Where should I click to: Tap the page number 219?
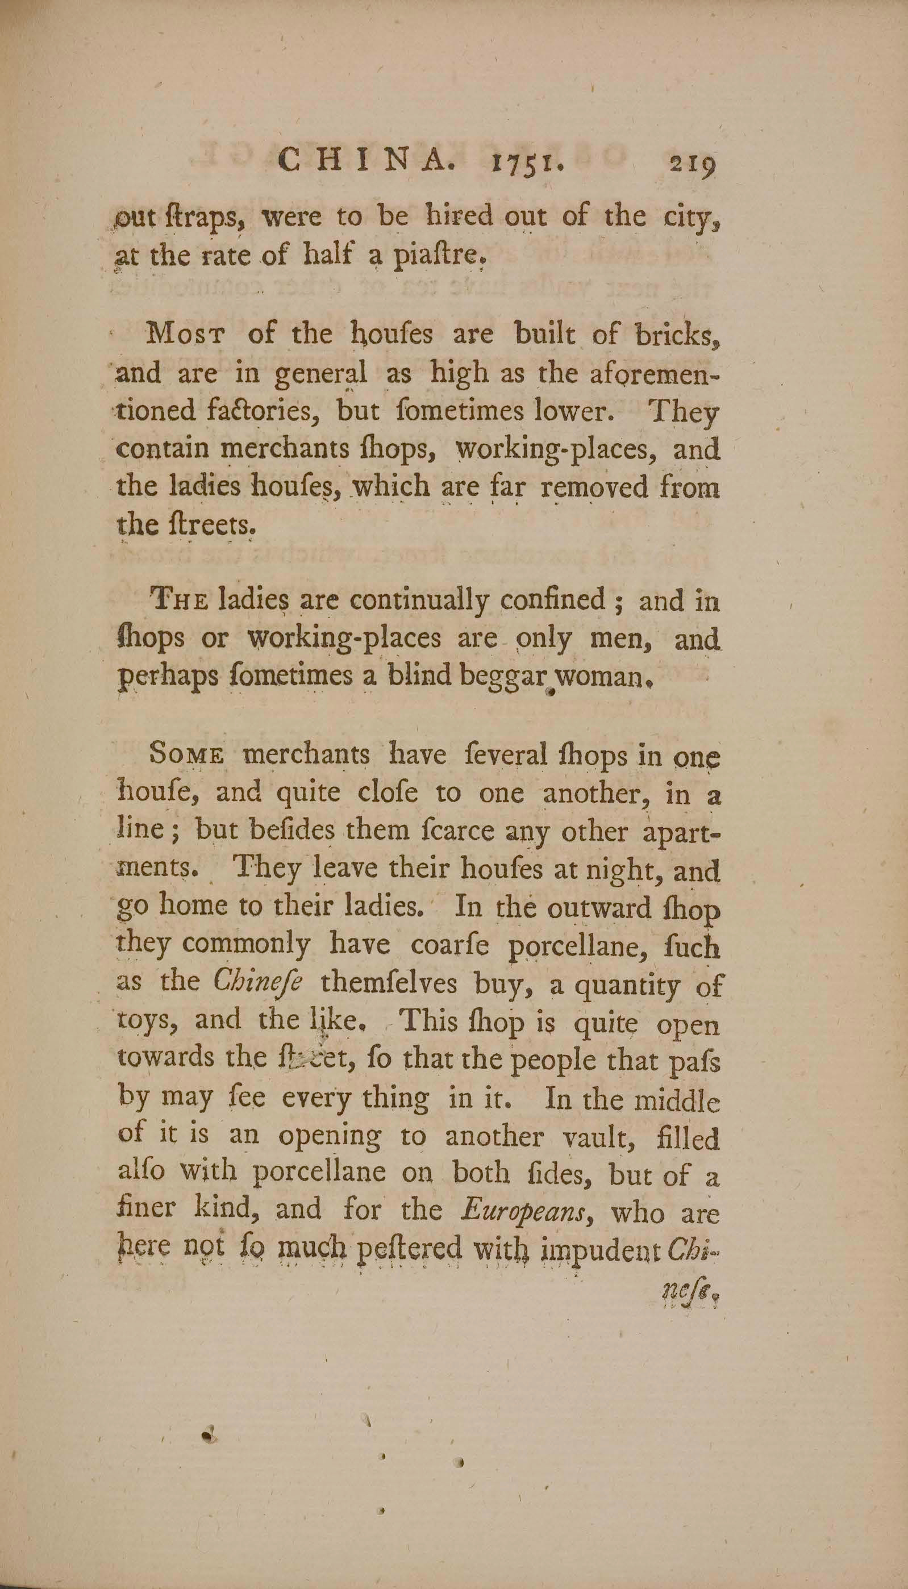(692, 165)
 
